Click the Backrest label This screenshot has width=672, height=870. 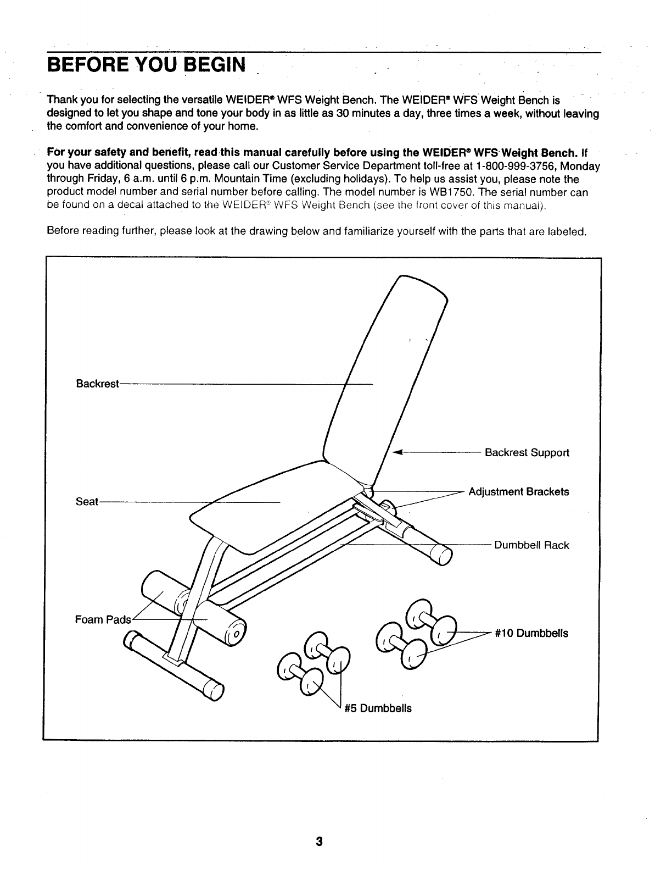(x=97, y=384)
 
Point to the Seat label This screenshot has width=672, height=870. (x=86, y=502)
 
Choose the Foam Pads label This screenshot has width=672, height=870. (x=103, y=620)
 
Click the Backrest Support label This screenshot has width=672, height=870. (x=527, y=453)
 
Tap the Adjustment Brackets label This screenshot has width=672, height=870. (x=518, y=492)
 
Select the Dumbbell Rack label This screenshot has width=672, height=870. (x=531, y=545)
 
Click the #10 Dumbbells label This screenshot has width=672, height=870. (x=531, y=633)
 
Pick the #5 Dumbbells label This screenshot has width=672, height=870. (x=378, y=708)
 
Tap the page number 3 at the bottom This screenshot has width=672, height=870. (x=319, y=842)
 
